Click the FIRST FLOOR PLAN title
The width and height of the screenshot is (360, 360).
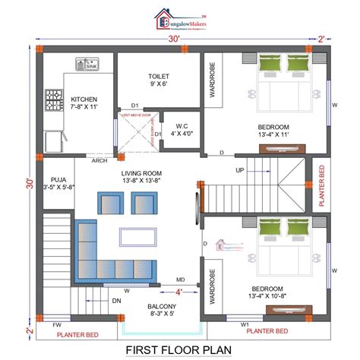coord(180,350)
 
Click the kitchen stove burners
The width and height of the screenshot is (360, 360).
coord(54,97)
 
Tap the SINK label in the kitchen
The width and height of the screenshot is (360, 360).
coord(91,66)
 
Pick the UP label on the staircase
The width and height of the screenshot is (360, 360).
coord(240,170)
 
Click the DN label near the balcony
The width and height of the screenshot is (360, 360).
coord(116,301)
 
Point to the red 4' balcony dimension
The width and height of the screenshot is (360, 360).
coord(179,291)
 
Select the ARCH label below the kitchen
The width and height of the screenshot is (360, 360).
coord(99,160)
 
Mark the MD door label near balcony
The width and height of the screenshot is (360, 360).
coord(182,279)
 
